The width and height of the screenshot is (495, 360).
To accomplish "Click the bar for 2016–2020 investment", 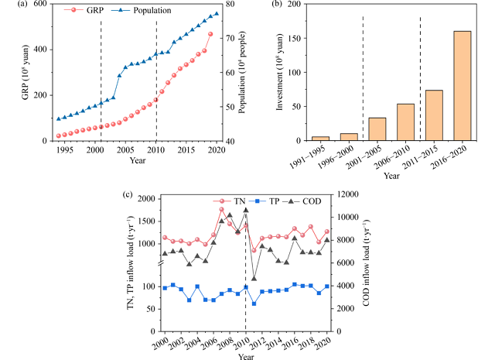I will pyautogui.click(x=462, y=86).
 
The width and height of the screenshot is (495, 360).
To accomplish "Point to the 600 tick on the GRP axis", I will pyautogui.click(x=40, y=5).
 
